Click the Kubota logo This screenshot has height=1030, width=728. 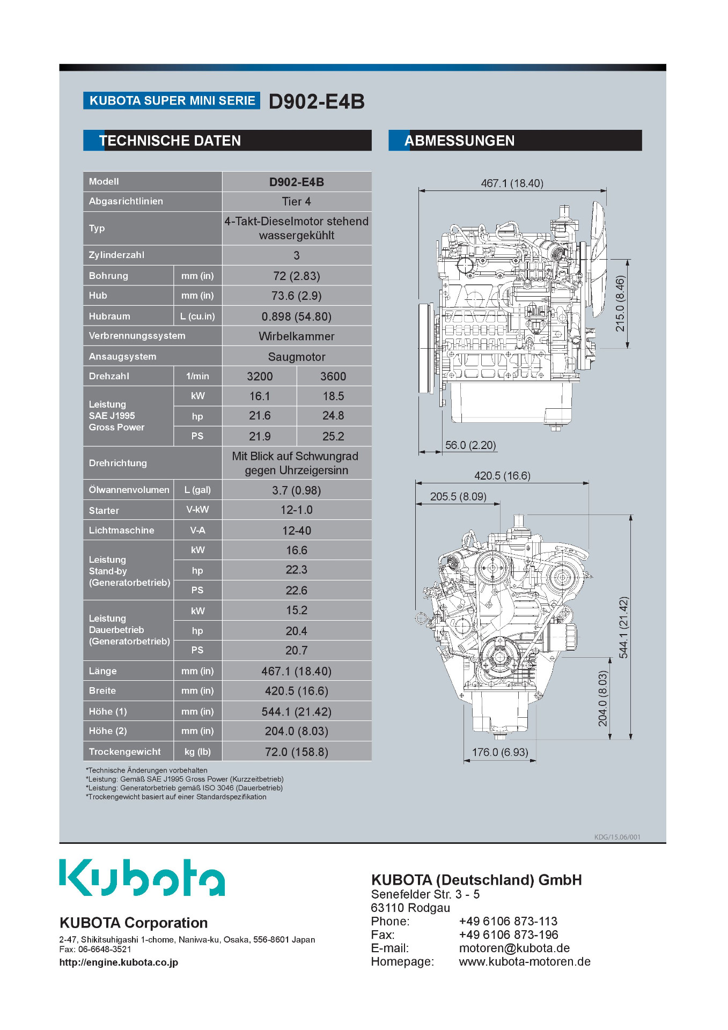(x=142, y=877)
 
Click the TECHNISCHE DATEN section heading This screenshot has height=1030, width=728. (x=170, y=141)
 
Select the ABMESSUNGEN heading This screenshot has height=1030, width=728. (x=459, y=141)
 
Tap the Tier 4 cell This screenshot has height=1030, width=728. (x=297, y=202)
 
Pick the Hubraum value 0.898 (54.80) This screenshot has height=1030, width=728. (x=297, y=317)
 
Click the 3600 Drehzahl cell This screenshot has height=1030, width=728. (x=333, y=377)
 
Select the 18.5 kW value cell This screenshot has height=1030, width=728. (x=333, y=396)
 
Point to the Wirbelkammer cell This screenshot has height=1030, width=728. (x=297, y=336)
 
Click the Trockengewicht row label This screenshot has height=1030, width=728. (x=125, y=752)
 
